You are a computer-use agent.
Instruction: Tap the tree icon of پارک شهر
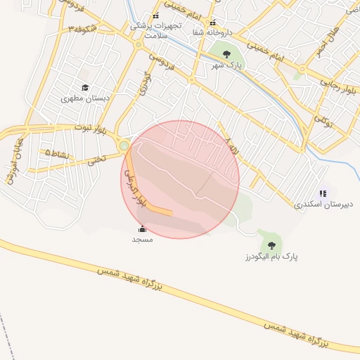226,54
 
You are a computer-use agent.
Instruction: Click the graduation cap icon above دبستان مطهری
84,88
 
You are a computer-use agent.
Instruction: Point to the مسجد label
143,239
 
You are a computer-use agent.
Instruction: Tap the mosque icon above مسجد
143,229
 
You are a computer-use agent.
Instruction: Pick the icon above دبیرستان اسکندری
322,193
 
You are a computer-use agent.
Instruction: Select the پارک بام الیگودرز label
271,257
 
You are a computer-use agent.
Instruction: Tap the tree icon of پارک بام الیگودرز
271,245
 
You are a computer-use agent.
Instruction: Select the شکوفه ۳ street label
83,30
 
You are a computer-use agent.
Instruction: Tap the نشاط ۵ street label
56,151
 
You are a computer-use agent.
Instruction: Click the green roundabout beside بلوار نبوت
124,146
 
